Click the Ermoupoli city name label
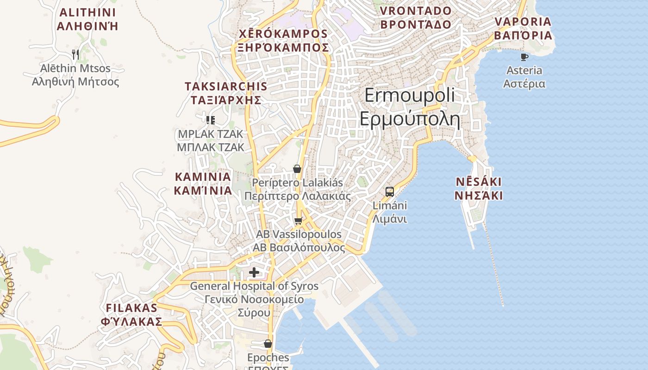click(x=410, y=95)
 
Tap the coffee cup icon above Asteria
click(x=524, y=57)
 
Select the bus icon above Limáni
click(x=390, y=191)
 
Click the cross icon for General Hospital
click(x=254, y=272)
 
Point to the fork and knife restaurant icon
click(x=75, y=55)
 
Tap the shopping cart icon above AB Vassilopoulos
click(x=299, y=221)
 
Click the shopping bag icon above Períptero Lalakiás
click(x=297, y=169)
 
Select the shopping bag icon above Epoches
click(x=268, y=344)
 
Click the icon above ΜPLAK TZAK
click(x=211, y=120)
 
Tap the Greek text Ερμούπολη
click(x=410, y=119)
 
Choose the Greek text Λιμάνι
click(x=390, y=219)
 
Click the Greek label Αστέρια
click(x=524, y=84)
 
